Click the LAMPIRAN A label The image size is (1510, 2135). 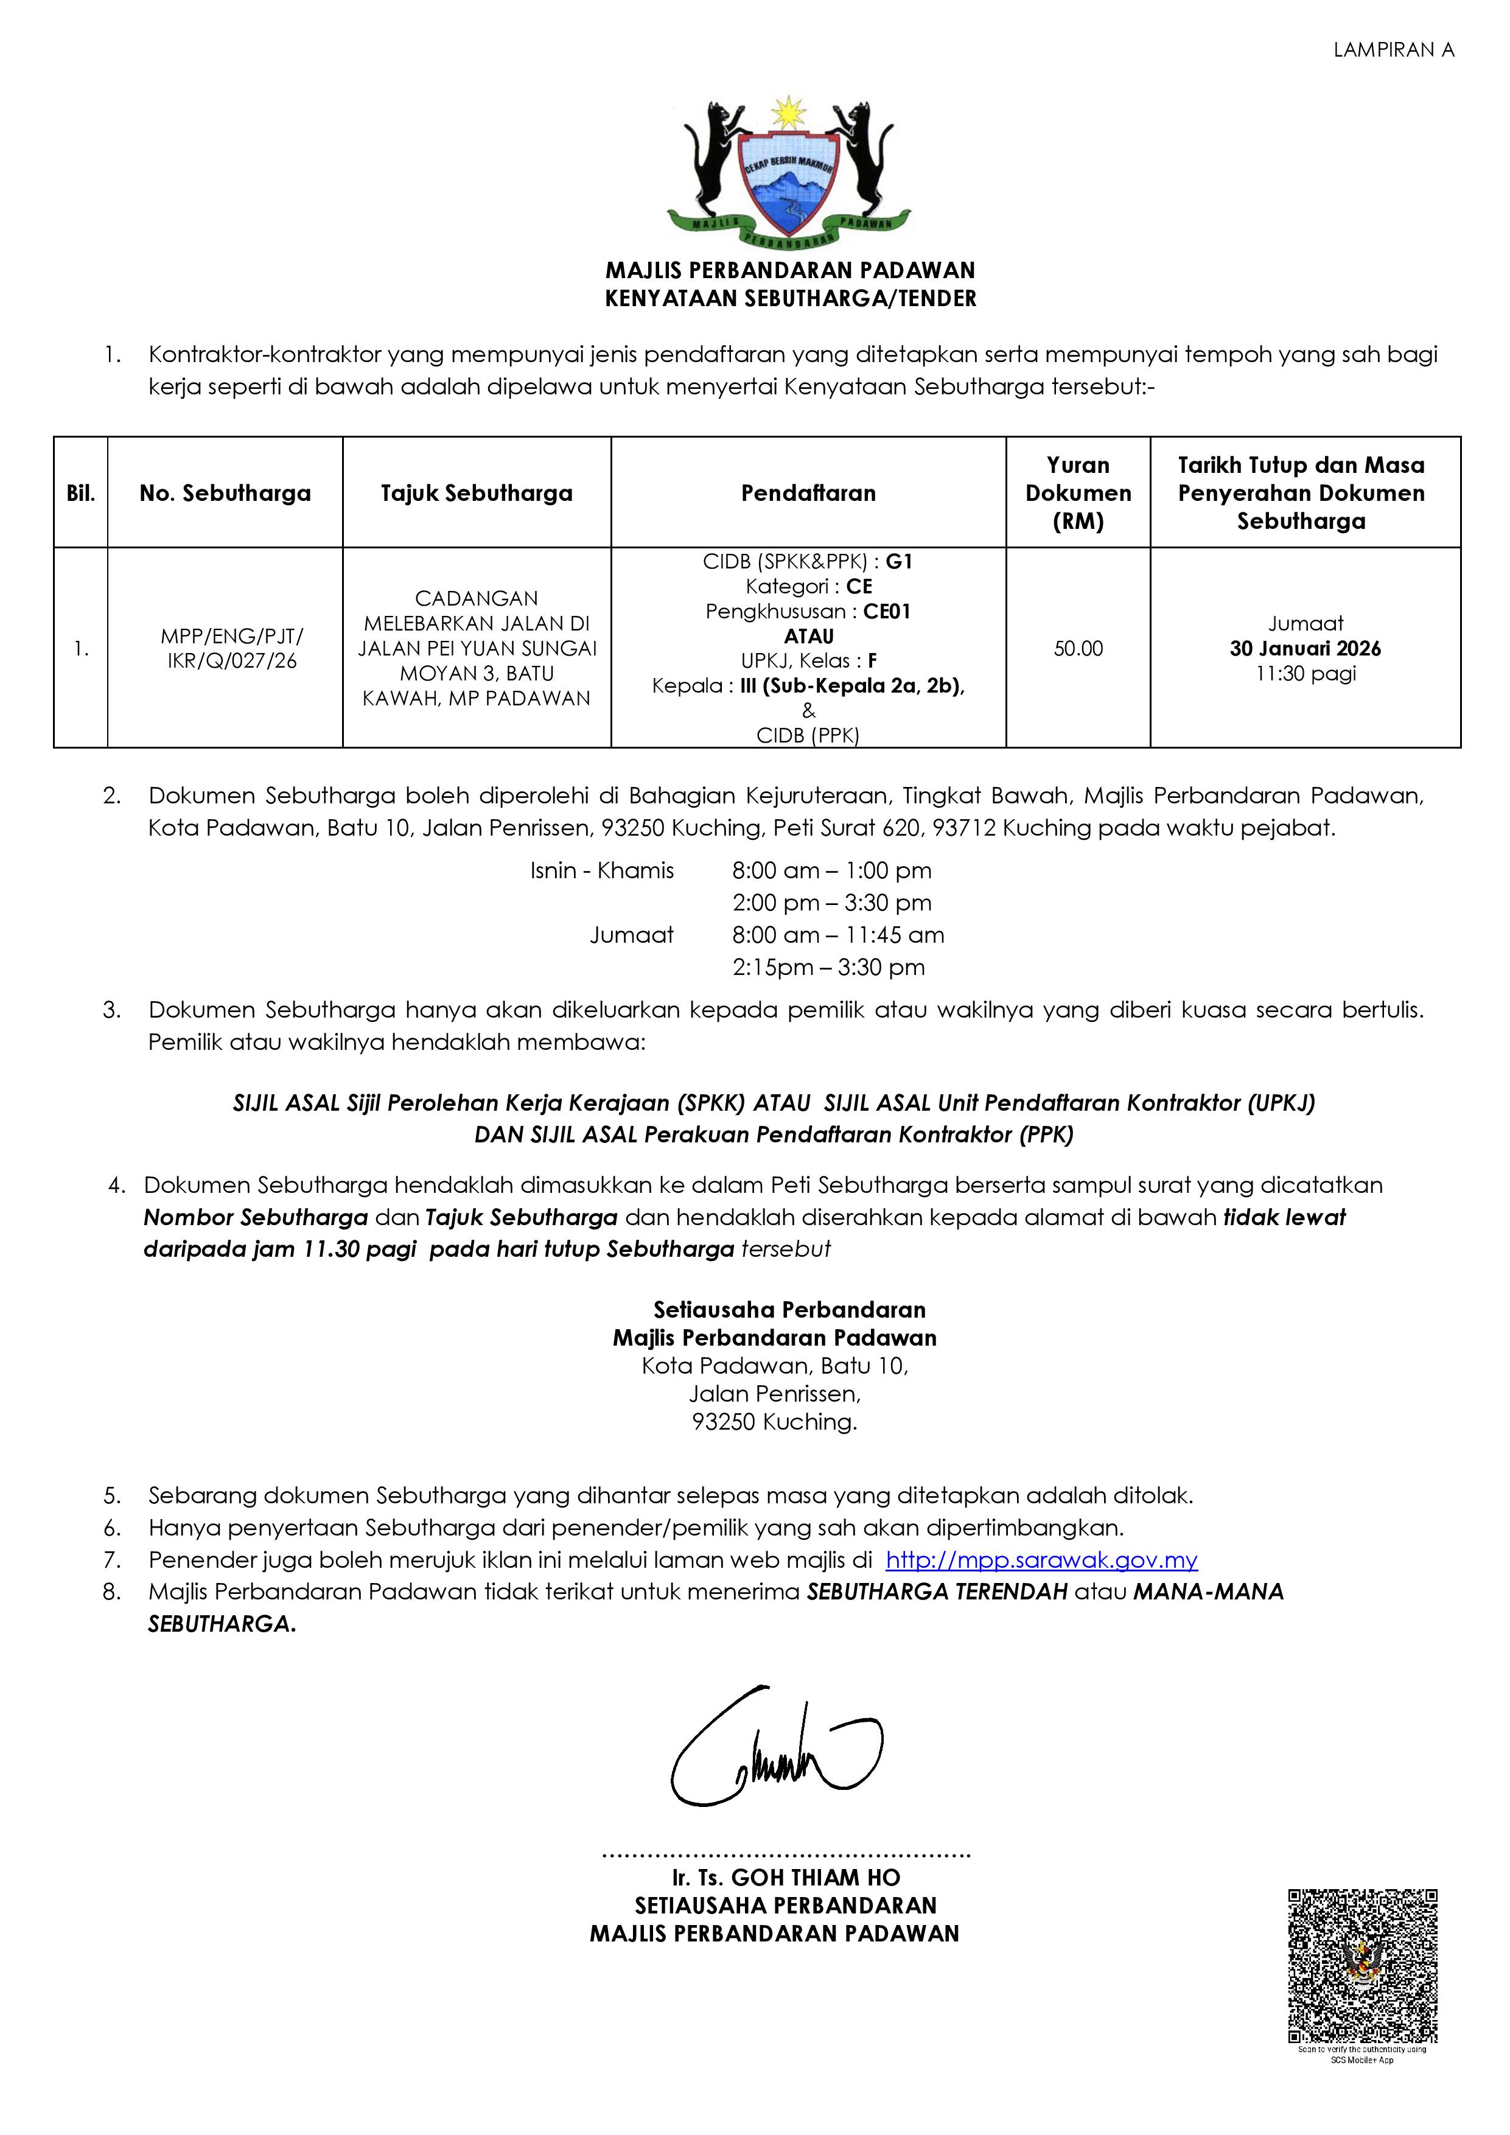tap(1393, 51)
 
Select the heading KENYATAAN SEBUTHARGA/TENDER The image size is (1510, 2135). tap(791, 298)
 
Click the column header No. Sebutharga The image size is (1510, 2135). tap(225, 493)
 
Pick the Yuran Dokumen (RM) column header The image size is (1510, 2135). tap(1078, 493)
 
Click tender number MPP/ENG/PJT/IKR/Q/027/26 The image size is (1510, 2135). tap(231, 649)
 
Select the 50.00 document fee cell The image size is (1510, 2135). tap(1078, 649)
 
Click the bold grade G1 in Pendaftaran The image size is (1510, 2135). tap(899, 562)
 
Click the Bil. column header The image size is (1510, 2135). tap(81, 493)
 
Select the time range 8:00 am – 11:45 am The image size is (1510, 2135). tap(837, 935)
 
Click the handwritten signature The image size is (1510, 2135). tap(777, 1748)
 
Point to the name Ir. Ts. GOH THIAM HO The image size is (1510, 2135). tap(786, 1878)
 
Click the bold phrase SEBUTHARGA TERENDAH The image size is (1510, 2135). tap(936, 1592)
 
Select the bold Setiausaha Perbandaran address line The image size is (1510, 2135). tap(789, 1310)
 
